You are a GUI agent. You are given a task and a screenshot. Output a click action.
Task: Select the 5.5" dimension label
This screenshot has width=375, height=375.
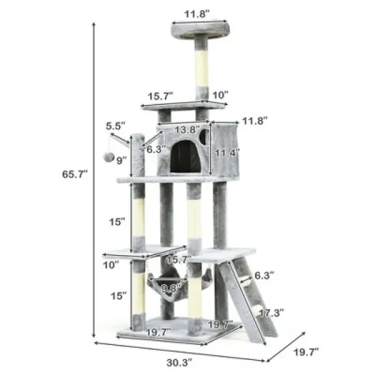[x=115, y=126]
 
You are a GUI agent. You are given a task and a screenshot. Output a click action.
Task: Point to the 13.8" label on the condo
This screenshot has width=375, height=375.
[x=184, y=130]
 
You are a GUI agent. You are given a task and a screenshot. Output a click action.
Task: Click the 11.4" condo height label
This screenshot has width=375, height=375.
[x=226, y=153]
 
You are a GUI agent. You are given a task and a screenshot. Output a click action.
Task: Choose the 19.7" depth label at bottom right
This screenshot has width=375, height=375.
[x=305, y=352]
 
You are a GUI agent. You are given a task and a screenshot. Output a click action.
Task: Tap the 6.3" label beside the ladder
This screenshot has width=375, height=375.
[x=264, y=276]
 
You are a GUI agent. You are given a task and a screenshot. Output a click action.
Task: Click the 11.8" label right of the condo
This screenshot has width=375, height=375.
[x=254, y=119]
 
